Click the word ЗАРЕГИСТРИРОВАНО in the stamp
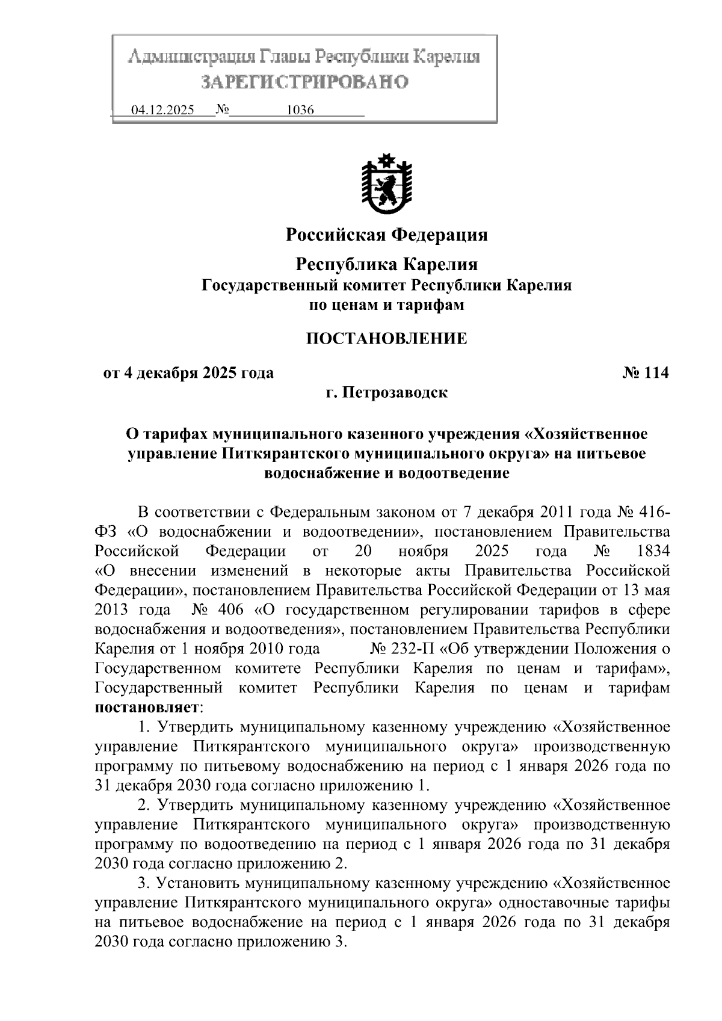304,81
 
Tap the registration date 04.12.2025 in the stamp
162,110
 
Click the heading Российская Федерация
386,234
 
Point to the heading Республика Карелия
386,264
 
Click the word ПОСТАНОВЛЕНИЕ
386,338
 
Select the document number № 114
645,373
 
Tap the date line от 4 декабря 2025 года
188,373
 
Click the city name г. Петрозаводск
386,393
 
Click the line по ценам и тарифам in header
386,305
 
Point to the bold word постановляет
147,706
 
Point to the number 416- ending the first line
651,512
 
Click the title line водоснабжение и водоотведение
386,473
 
